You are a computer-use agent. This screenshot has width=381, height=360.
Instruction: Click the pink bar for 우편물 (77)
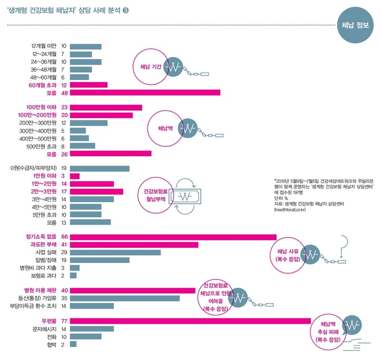pos(190,321)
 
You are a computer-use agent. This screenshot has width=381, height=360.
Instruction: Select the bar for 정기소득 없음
pos(173,236)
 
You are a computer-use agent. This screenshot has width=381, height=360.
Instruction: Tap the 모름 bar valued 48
pos(145,93)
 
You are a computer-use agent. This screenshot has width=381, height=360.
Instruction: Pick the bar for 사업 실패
pos(115,252)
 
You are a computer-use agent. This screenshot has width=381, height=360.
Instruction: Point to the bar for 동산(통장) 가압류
pos(125,298)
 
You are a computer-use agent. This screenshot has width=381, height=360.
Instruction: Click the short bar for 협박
pos(73,344)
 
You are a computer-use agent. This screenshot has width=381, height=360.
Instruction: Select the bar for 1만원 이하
pos(75,176)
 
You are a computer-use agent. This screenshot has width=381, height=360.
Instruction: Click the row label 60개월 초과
pos(42,85)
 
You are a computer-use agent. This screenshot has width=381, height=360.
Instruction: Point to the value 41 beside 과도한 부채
pos(65,245)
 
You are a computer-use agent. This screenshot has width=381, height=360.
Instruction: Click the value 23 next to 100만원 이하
pos(65,107)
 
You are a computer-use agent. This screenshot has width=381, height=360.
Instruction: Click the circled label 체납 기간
pos(150,66)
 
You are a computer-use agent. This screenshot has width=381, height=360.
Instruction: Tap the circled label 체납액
pos(165,128)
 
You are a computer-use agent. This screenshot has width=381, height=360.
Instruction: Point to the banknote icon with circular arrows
pos(184,197)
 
